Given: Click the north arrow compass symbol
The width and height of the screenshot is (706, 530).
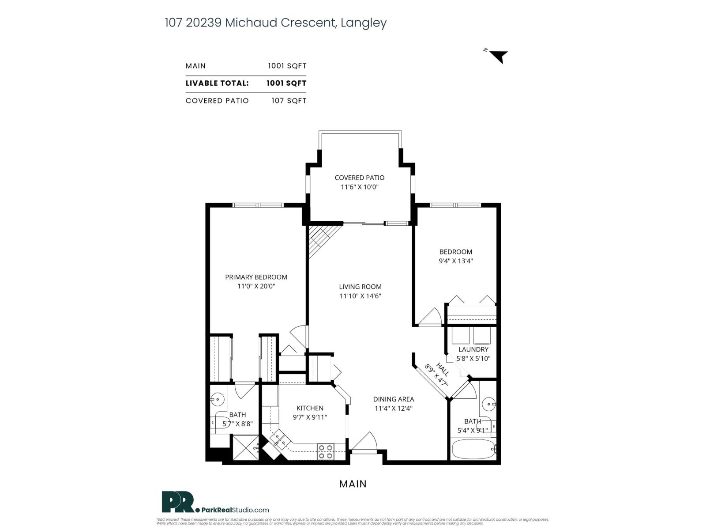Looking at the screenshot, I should [x=499, y=57].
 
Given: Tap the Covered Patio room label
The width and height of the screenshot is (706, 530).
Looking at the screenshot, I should [x=359, y=178].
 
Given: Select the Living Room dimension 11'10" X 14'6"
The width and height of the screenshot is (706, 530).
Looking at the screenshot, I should [x=360, y=296].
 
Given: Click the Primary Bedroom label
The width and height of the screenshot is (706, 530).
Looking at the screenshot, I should [x=256, y=277].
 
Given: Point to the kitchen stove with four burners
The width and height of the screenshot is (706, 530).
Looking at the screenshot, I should [x=326, y=451].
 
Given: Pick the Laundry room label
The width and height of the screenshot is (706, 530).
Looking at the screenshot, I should [x=473, y=349].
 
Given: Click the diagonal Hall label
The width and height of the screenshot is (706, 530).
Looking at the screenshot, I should [x=442, y=369].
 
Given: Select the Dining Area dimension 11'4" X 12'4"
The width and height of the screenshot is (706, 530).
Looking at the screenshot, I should [x=393, y=409].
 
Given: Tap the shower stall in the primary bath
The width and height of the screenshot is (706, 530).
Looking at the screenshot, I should [x=245, y=448].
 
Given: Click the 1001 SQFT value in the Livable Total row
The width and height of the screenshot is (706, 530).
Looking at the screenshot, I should [x=286, y=83].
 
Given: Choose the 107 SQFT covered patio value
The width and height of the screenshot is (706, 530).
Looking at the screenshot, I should [x=289, y=101].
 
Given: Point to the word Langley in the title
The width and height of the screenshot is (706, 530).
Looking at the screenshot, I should [x=364, y=23].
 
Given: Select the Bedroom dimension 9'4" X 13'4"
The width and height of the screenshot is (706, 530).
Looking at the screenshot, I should [x=455, y=261].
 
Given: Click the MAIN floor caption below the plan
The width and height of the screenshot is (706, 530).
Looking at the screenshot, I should [x=353, y=484].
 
